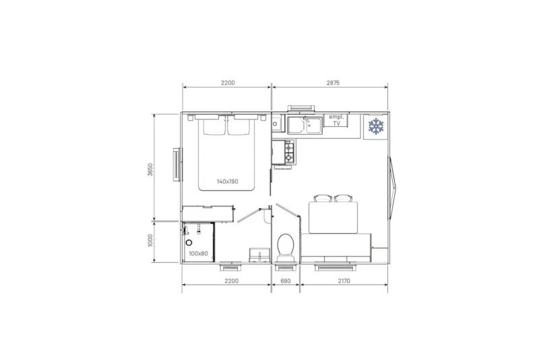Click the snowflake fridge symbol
[375, 125]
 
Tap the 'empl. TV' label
[336, 120]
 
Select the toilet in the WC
[284, 247]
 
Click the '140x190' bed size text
[228, 181]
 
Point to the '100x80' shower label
[197, 253]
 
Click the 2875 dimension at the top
[333, 83]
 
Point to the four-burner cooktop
[288, 152]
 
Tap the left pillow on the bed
[212, 126]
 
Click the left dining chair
[321, 199]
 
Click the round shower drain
[189, 241]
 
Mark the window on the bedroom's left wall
[178, 165]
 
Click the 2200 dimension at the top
[227, 83]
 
